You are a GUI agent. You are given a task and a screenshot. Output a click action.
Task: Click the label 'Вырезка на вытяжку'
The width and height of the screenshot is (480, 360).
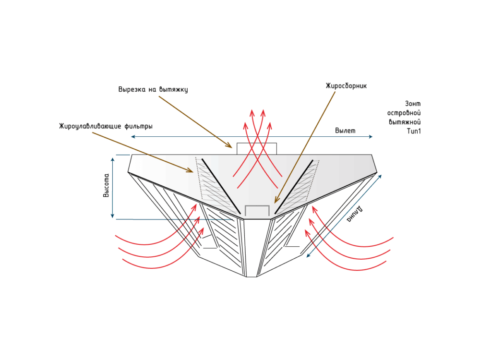pyautogui.click(x=153, y=89)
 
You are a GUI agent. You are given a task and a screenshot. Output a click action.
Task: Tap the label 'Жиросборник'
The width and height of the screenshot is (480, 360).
pyautogui.click(x=346, y=86)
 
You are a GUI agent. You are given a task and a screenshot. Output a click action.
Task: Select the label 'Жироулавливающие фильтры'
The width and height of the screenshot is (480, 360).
pyautogui.click(x=106, y=126)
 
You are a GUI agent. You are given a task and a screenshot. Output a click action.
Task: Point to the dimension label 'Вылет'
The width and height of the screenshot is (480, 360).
pyautogui.click(x=345, y=131)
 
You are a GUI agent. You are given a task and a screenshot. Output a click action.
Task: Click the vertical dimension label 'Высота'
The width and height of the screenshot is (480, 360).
pyautogui.click(x=106, y=185)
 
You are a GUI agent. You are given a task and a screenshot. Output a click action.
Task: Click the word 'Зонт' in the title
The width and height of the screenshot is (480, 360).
pyautogui.click(x=413, y=104)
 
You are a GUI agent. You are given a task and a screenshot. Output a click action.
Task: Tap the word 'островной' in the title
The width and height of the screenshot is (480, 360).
pyautogui.click(x=404, y=113)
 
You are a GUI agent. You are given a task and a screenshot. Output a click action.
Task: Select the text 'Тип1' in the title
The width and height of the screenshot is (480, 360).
pyautogui.click(x=414, y=131)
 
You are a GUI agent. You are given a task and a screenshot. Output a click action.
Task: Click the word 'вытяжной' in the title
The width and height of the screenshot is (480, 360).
pyautogui.click(x=405, y=122)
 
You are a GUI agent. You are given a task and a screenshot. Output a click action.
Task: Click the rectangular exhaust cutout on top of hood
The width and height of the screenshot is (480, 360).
pyautogui.click(x=256, y=148)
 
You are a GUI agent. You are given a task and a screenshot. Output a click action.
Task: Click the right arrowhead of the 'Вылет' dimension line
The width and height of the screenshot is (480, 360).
pyautogui.click(x=371, y=136)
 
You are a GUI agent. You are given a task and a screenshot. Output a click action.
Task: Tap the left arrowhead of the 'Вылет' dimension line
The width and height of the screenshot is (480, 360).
pyautogui.click(x=133, y=136)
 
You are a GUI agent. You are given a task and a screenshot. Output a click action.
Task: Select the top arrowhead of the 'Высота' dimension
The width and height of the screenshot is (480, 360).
pyautogui.click(x=113, y=159)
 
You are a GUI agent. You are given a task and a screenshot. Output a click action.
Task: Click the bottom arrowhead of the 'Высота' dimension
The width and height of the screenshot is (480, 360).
pyautogui.click(x=113, y=216)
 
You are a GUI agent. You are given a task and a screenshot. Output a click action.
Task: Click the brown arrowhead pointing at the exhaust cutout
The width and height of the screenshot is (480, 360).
pyautogui.click(x=229, y=145)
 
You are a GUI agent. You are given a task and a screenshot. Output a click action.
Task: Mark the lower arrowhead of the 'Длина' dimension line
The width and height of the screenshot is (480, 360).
pyautogui.click(x=309, y=255)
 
